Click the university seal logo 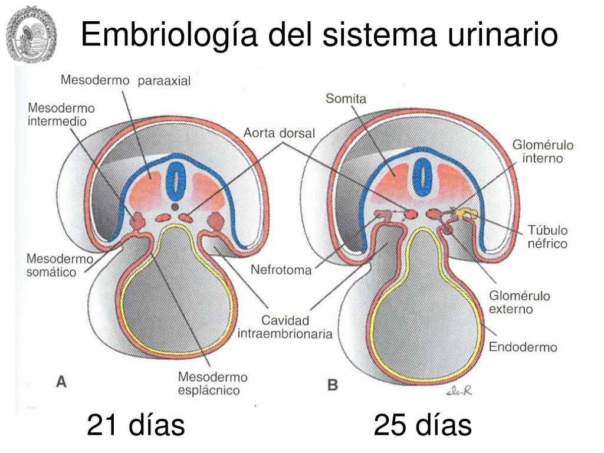[31, 34]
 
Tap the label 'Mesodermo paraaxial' [126, 81]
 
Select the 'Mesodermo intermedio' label [61, 115]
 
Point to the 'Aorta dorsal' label [279, 133]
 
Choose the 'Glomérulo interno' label [543, 152]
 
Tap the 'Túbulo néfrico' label [547, 237]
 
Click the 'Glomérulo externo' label [519, 302]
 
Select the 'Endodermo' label [523, 347]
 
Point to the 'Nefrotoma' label [281, 271]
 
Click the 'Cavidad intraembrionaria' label [285, 327]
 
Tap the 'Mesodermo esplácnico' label [212, 383]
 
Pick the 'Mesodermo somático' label [52, 265]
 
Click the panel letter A [61, 382]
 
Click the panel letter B [333, 385]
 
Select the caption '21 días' [136, 425]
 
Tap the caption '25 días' [422, 425]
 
